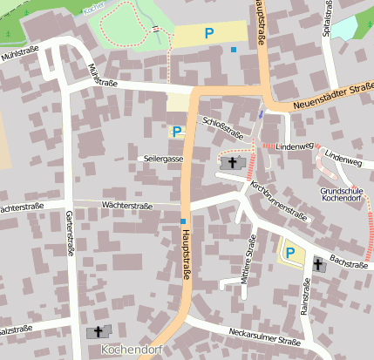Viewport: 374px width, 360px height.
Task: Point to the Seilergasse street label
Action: pyautogui.click(x=161, y=159)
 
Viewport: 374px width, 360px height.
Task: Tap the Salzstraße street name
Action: pyautogui.click(x=16, y=329)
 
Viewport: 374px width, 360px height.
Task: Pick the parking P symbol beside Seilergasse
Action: pyautogui.click(x=177, y=132)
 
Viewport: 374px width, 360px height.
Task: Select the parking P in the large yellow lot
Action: pyautogui.click(x=208, y=33)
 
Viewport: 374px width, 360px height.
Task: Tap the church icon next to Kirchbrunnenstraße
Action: pyautogui.click(x=231, y=162)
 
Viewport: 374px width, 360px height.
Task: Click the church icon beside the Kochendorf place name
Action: pyautogui.click(x=98, y=331)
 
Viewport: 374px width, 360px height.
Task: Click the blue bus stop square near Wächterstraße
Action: pyautogui.click(x=182, y=221)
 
